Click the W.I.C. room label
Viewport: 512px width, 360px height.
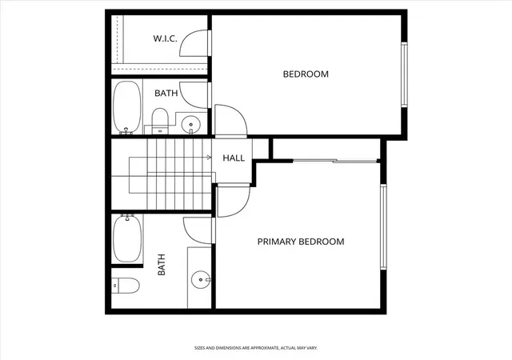point(166,38)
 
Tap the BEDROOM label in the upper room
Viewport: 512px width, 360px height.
point(306,74)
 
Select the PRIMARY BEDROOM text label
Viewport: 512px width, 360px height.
point(301,242)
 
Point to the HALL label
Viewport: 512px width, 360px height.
point(234,158)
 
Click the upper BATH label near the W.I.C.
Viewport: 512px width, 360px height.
point(166,93)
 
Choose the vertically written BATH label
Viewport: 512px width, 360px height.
point(162,265)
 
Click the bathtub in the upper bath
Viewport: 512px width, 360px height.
point(127,107)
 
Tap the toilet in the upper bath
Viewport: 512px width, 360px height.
point(160,121)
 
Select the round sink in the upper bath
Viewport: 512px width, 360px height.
point(190,125)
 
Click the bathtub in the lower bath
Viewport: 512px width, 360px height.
point(127,238)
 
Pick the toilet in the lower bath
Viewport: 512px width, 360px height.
point(126,286)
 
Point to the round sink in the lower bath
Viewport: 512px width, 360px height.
point(201,280)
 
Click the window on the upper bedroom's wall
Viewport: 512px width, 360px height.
point(404,74)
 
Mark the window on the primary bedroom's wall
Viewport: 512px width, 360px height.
point(383,227)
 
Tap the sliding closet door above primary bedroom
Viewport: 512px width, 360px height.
point(335,160)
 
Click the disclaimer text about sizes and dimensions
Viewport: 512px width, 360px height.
point(256,348)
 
